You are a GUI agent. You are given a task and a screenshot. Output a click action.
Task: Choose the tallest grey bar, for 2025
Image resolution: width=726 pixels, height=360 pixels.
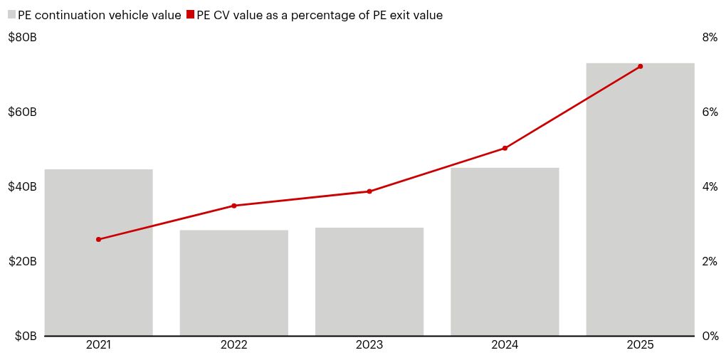coord(640,199)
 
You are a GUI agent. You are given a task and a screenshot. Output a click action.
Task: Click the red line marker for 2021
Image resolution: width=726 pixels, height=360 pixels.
coord(98,239)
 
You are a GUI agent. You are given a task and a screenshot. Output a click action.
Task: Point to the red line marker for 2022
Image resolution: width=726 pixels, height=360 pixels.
coord(233,206)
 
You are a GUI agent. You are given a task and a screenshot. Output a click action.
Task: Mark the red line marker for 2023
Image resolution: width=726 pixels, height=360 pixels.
coord(369,191)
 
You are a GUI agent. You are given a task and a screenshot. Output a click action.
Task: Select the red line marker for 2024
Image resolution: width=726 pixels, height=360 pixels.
coord(505,148)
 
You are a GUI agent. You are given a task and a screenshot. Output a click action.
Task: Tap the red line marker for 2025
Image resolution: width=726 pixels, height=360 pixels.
coord(640,66)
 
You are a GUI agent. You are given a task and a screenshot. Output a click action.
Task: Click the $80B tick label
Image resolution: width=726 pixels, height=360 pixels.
coord(22,38)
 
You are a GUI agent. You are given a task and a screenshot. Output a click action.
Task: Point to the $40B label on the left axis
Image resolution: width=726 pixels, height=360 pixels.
coord(22,187)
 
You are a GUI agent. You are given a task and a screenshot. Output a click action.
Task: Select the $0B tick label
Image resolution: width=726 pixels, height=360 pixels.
coord(25,337)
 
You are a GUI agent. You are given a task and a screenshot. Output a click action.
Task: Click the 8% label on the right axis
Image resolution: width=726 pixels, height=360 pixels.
coord(710,38)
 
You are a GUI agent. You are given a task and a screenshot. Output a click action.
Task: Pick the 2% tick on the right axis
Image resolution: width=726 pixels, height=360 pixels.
coord(710,262)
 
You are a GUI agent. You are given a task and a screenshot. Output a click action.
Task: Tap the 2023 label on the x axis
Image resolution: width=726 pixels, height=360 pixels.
coord(369,346)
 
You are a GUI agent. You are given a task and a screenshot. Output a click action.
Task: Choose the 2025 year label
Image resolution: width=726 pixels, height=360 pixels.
coord(640,346)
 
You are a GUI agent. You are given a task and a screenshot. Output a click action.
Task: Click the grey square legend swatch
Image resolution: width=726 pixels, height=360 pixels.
coord(12,14)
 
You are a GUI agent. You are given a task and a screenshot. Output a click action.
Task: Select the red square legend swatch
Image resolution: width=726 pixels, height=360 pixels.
coord(190,14)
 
